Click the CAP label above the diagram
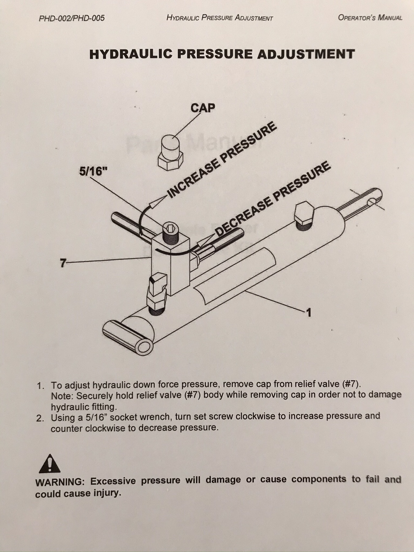(x=203, y=108)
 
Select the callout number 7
(x=63, y=263)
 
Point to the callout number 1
(x=309, y=313)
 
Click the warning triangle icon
(x=50, y=463)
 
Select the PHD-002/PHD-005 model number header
(x=72, y=18)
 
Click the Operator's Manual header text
(x=370, y=17)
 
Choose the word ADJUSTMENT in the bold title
(x=306, y=54)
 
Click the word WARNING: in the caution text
(x=60, y=482)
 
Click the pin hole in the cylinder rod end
(x=372, y=202)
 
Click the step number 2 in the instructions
(x=40, y=418)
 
